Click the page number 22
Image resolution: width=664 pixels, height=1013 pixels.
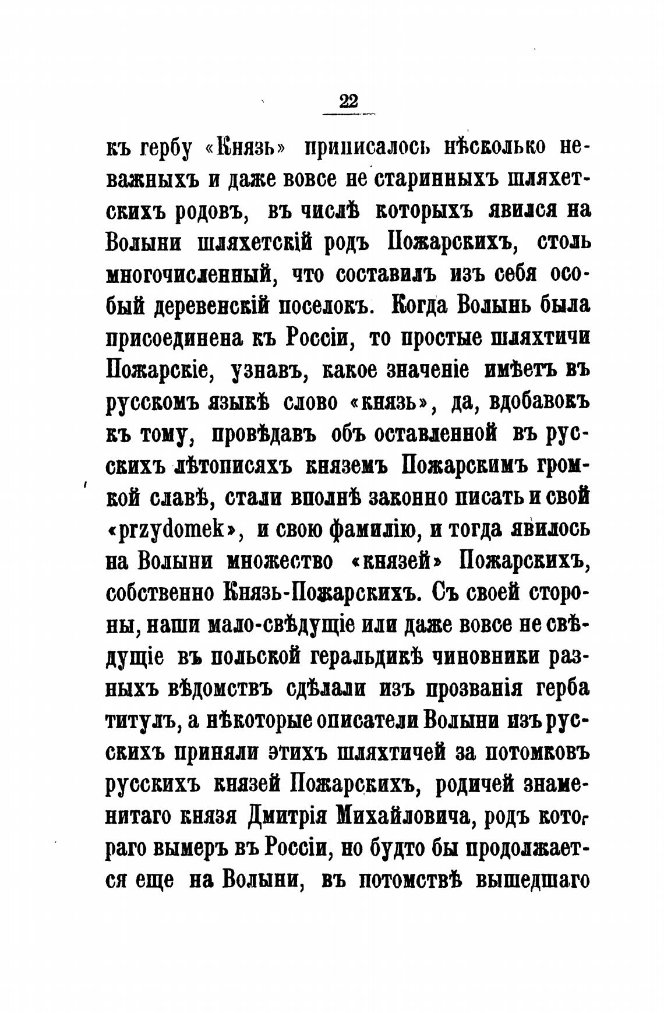click(349, 101)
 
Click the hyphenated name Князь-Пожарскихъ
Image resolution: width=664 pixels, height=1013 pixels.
click(322, 593)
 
